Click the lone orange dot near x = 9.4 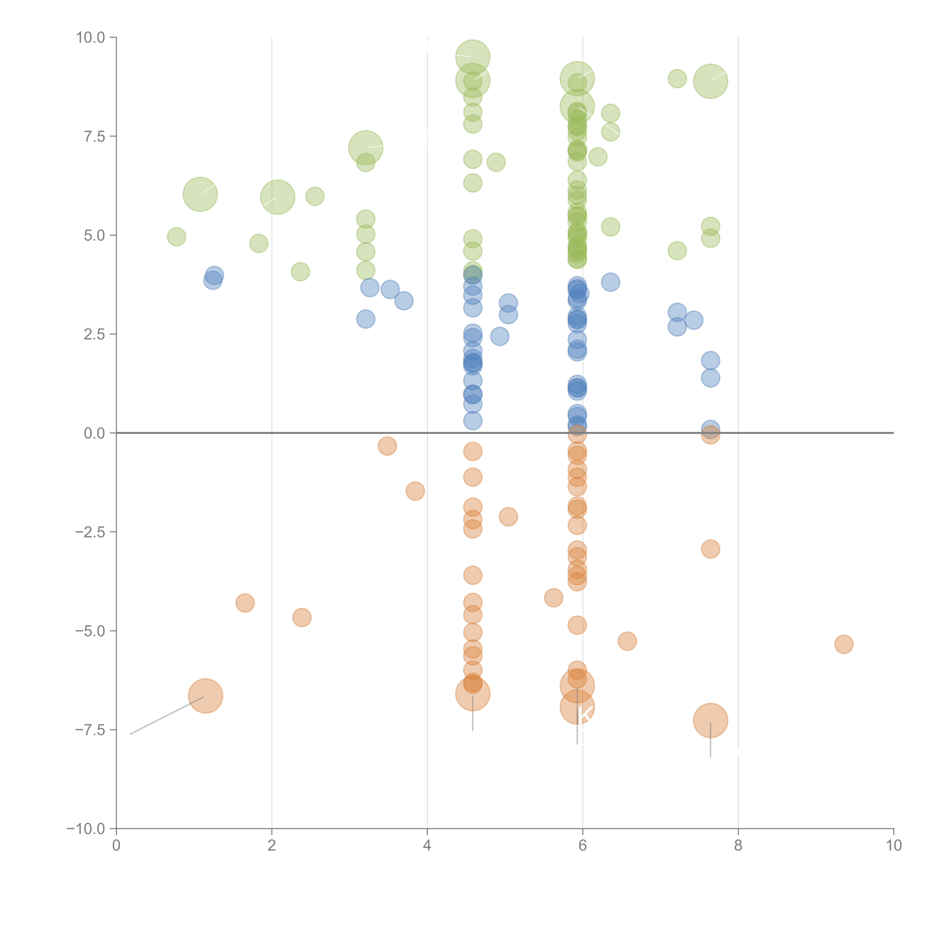(x=843, y=644)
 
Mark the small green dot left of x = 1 (x=176, y=237)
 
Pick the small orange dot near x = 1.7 (x=245, y=603)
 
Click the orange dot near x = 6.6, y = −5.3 (x=626, y=641)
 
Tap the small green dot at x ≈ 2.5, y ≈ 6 (x=315, y=196)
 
